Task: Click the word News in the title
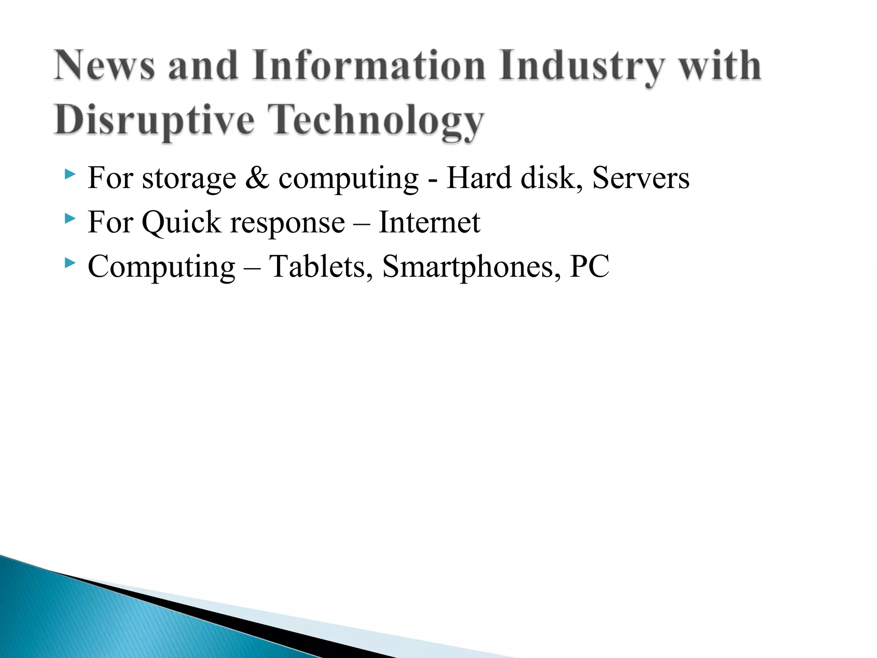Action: [x=104, y=65]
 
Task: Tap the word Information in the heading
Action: [x=369, y=65]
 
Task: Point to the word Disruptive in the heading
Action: [x=154, y=120]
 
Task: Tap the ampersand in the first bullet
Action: [x=257, y=178]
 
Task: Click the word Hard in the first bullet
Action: [x=479, y=177]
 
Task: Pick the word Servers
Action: [x=641, y=177]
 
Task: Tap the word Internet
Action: [x=430, y=222]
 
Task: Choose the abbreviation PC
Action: [x=589, y=266]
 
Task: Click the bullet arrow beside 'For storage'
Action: [x=70, y=174]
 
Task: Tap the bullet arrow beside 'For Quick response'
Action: [x=70, y=219]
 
